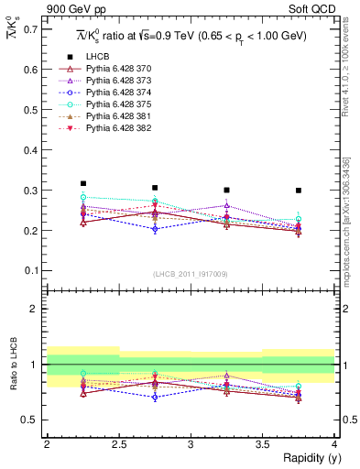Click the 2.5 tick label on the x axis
119,444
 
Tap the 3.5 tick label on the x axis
263,444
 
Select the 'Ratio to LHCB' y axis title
11,366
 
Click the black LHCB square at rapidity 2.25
83,183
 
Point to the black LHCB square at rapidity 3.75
299,191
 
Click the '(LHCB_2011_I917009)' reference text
191,274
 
